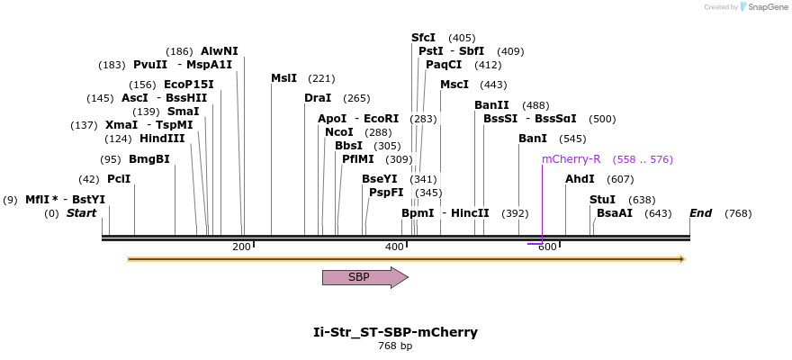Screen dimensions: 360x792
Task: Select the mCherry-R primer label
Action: coord(571,159)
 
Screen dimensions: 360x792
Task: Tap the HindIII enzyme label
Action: coord(162,139)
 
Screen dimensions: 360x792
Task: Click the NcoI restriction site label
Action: coord(339,132)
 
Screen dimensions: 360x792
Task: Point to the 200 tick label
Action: coord(241,247)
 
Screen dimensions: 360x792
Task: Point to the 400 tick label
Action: coord(394,247)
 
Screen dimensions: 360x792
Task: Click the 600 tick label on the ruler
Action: coord(547,247)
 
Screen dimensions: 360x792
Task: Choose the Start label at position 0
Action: coord(81,213)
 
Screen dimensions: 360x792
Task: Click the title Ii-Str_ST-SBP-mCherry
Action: coord(395,332)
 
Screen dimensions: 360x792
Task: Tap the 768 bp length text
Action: coord(395,346)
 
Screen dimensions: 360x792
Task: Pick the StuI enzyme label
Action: coord(602,200)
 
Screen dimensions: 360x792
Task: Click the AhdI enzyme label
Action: coord(580,179)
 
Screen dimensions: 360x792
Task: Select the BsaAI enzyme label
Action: coord(615,213)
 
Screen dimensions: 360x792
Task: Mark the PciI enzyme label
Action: coord(119,179)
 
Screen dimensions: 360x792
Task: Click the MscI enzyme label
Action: coord(454,85)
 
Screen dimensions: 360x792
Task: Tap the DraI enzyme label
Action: coord(318,98)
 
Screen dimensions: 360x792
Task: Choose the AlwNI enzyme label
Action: coord(220,51)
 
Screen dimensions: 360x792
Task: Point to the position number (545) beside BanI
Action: coord(572,139)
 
